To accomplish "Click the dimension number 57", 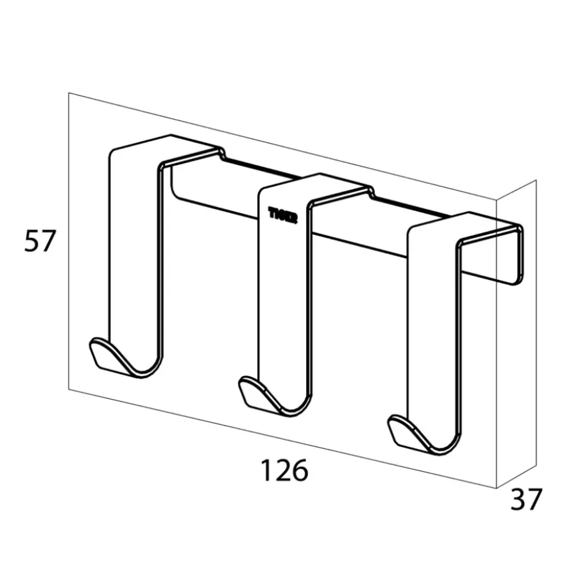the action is point(39,241).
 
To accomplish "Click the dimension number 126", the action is point(284,470).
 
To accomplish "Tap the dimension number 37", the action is point(526,500).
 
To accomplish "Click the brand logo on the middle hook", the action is point(283,215).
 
